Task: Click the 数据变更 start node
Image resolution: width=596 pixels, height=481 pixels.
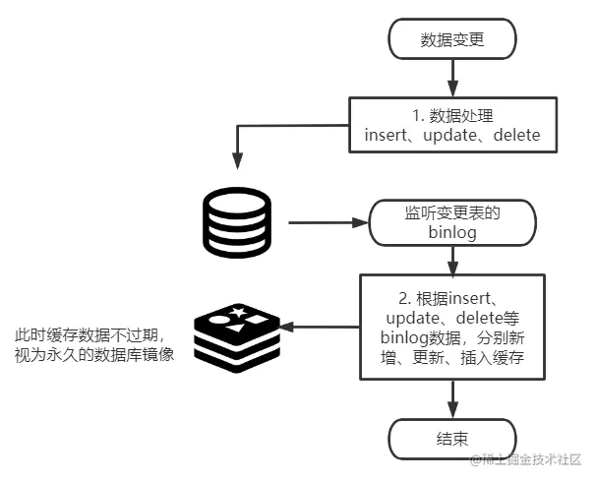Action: pos(452,40)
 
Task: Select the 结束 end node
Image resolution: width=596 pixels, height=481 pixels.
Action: pos(452,438)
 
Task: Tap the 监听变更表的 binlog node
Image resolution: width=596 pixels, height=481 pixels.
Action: pos(452,222)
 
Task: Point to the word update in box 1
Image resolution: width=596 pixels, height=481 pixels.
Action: pos(447,135)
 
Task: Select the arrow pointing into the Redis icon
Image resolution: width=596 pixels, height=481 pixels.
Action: pos(319,328)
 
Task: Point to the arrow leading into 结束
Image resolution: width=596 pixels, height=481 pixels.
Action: pos(452,398)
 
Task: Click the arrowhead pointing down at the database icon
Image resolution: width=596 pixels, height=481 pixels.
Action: pos(236,160)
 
